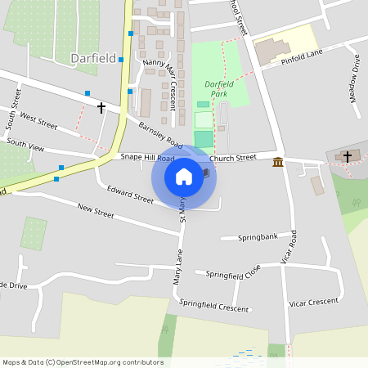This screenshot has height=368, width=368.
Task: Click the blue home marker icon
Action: [184, 176]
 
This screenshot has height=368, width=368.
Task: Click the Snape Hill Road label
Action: [147, 157]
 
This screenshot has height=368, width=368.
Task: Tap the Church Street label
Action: [233, 157]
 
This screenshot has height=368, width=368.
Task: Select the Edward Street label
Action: [130, 195]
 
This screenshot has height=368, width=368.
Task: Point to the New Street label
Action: [96, 212]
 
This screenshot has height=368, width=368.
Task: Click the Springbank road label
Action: [258, 237]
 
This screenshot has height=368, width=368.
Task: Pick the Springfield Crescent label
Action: [213, 307]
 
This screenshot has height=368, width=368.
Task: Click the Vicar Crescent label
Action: [314, 302]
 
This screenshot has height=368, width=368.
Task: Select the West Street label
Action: [38, 121]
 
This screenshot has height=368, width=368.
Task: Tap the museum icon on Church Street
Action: [278, 161]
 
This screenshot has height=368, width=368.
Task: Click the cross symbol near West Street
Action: [101, 107]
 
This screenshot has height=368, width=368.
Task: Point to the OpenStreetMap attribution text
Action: [83, 362]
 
